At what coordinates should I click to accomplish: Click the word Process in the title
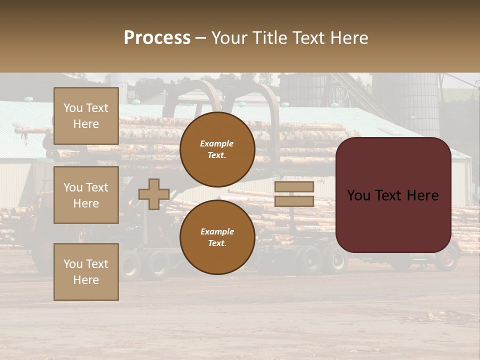click(x=157, y=38)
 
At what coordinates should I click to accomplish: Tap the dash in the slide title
click(x=201, y=38)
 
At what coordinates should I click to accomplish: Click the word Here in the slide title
click(x=348, y=38)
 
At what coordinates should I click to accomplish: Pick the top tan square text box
click(x=86, y=116)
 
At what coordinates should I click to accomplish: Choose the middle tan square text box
click(x=86, y=195)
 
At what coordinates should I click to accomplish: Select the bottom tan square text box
click(x=86, y=272)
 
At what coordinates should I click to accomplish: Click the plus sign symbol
click(x=154, y=194)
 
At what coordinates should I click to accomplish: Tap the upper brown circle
click(x=217, y=149)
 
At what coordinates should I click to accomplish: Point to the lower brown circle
click(x=217, y=237)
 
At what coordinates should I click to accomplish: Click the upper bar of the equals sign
click(x=294, y=186)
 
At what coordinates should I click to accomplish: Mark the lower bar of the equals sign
click(x=294, y=201)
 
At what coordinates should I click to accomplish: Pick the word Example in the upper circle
click(x=216, y=143)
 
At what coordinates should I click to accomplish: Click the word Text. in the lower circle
click(x=217, y=243)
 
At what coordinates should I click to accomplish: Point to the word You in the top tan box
click(x=72, y=108)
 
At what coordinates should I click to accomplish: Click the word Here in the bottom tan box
click(x=86, y=280)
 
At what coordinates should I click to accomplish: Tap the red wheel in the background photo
click(x=447, y=258)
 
